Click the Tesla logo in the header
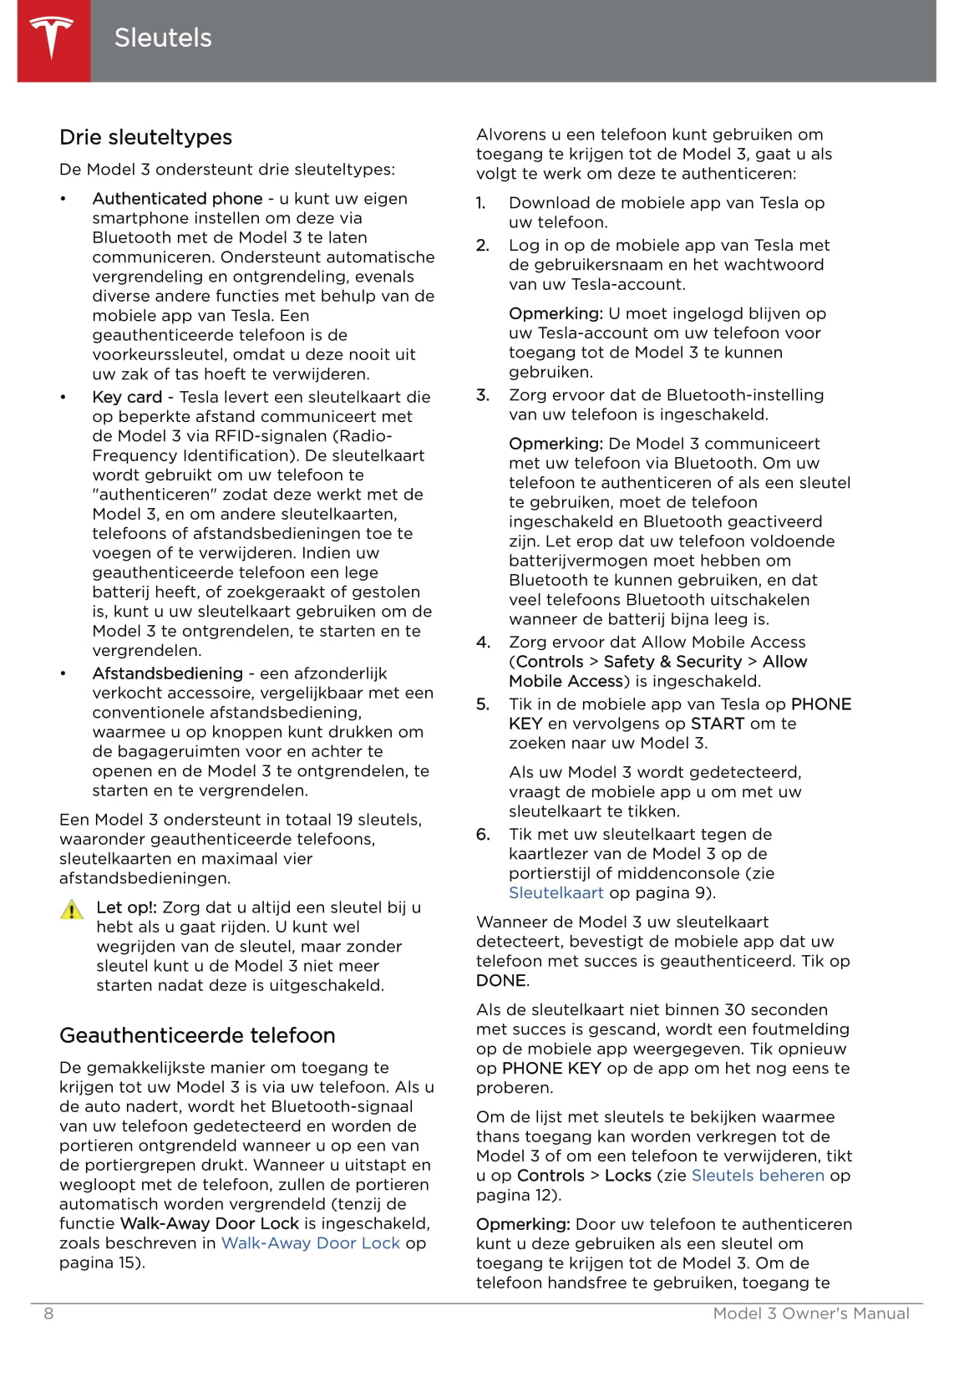[53, 38]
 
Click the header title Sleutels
[163, 38]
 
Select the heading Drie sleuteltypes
[145, 137]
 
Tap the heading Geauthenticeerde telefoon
[197, 1035]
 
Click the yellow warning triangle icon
[72, 910]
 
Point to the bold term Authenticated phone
[177, 199]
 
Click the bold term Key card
[127, 397]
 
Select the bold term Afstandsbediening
[167, 673]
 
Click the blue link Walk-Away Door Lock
[311, 1243]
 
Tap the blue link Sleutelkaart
[556, 893]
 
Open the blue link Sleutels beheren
[758, 1176]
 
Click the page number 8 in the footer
[48, 1313]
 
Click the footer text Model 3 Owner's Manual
[810, 1313]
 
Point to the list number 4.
[483, 643]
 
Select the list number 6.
[483, 835]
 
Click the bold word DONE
[501, 981]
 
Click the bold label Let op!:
[126, 907]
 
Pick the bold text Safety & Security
[672, 662]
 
